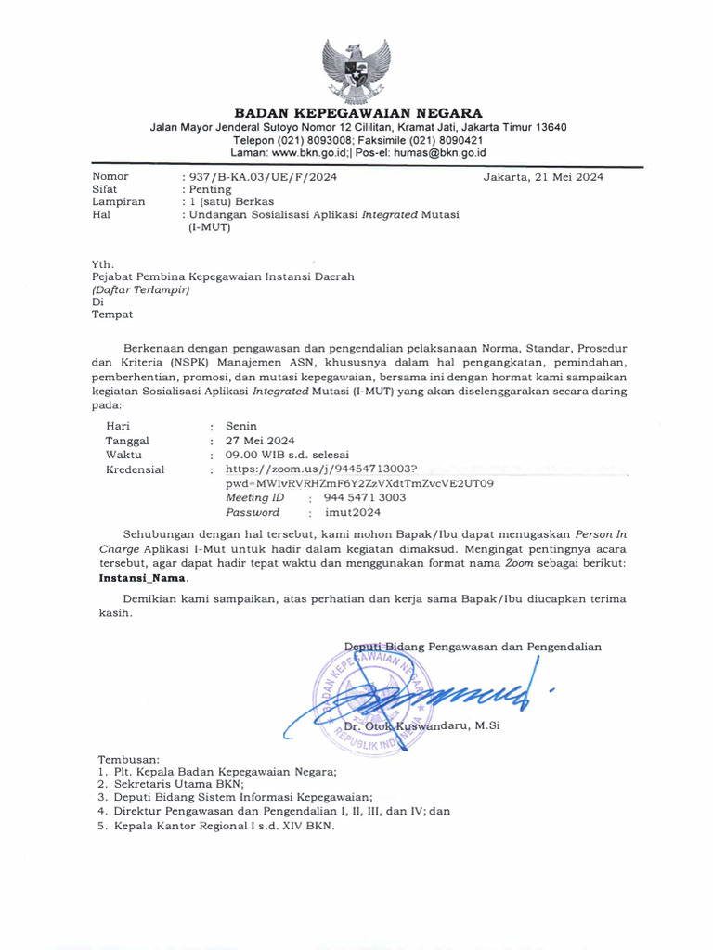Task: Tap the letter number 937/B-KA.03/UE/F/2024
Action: [263, 176]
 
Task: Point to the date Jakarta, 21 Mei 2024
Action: [544, 176]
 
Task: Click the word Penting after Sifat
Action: [209, 188]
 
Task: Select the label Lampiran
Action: [118, 201]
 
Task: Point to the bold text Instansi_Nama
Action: [142, 576]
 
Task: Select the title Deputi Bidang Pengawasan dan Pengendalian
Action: [473, 647]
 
